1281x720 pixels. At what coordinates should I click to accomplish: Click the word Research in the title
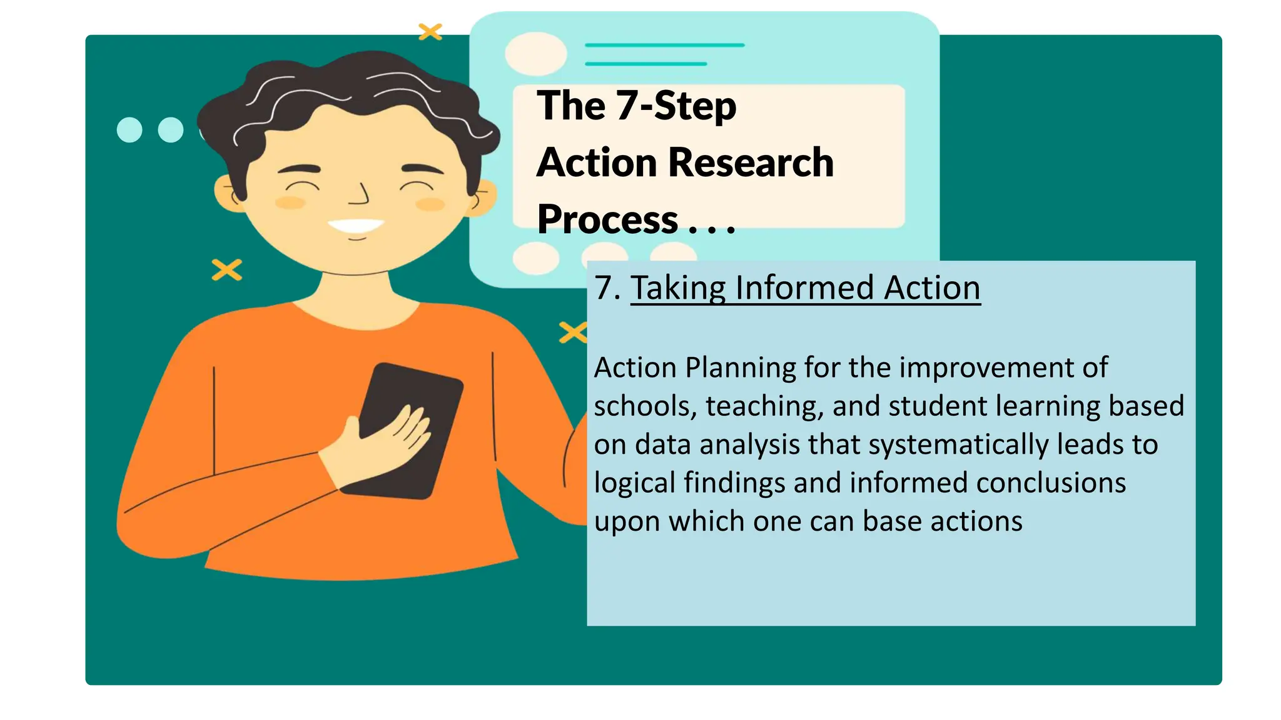coord(751,162)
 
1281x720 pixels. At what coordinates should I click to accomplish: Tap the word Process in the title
coord(607,220)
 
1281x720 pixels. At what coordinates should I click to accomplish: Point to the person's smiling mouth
coord(356,226)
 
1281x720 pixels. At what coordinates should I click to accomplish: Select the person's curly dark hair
coord(350,94)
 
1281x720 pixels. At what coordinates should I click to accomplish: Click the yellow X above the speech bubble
coord(430,31)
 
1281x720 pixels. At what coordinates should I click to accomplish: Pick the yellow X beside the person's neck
coord(226,270)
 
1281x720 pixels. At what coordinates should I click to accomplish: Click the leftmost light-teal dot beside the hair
coord(129,130)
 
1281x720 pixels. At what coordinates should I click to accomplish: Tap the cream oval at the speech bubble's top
coord(535,54)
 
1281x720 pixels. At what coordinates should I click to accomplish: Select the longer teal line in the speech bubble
coord(664,45)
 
